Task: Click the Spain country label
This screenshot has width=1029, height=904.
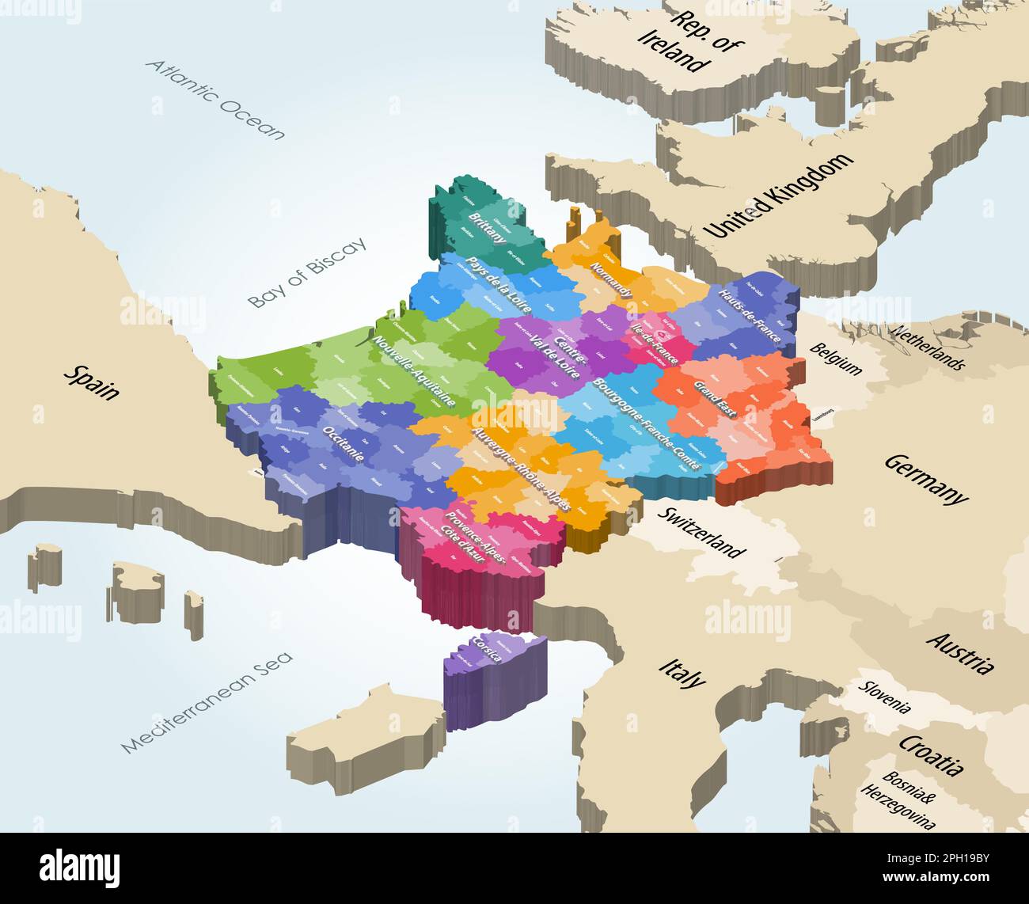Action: point(92,382)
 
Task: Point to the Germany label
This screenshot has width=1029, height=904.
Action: point(925,478)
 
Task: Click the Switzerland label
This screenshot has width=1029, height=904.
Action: point(701,533)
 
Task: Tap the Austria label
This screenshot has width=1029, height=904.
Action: point(959,652)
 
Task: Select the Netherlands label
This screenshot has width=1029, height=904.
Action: point(928,347)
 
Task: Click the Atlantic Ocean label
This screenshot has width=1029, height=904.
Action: point(215,100)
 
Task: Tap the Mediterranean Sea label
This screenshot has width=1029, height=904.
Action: point(207,701)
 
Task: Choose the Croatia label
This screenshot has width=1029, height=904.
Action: point(931,754)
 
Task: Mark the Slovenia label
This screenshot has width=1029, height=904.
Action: point(886,697)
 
